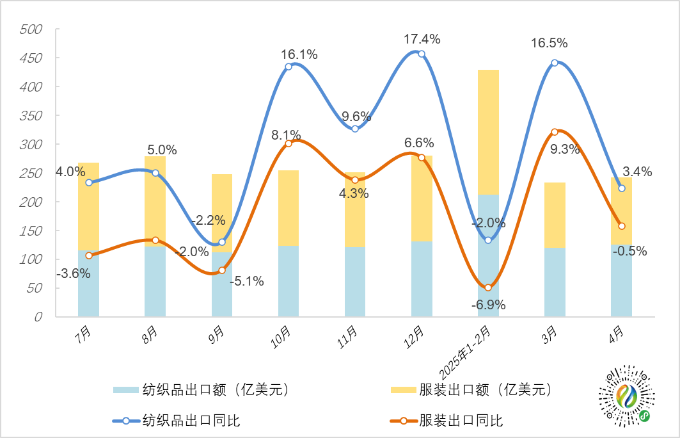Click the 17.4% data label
click(422, 39)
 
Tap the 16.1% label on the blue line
click(299, 54)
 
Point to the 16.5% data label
click(549, 44)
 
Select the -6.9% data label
click(488, 305)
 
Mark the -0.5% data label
click(629, 251)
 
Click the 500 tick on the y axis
click(31, 29)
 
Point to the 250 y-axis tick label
click(31, 174)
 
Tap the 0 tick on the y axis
click(39, 317)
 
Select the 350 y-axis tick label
click(31, 116)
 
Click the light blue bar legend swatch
click(126, 390)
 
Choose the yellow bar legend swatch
click(404, 390)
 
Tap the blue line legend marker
click(126, 421)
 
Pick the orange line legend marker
click(404, 421)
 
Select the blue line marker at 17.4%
click(422, 54)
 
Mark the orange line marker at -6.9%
click(488, 288)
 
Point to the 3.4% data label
click(638, 172)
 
